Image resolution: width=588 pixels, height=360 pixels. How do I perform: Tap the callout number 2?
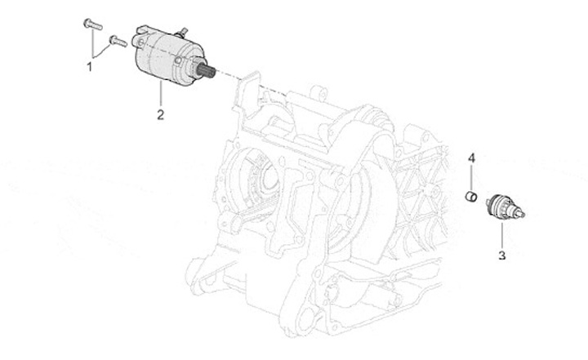[x=161, y=113]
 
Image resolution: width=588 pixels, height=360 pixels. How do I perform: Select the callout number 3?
[x=502, y=256]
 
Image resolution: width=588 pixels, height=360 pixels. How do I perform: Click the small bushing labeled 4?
[x=471, y=194]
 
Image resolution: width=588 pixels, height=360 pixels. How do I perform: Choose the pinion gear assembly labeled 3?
[x=497, y=206]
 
